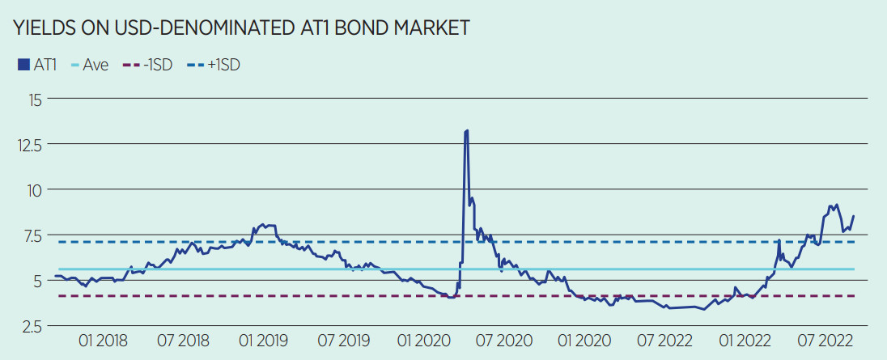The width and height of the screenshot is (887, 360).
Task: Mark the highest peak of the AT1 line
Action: [x=467, y=130]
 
